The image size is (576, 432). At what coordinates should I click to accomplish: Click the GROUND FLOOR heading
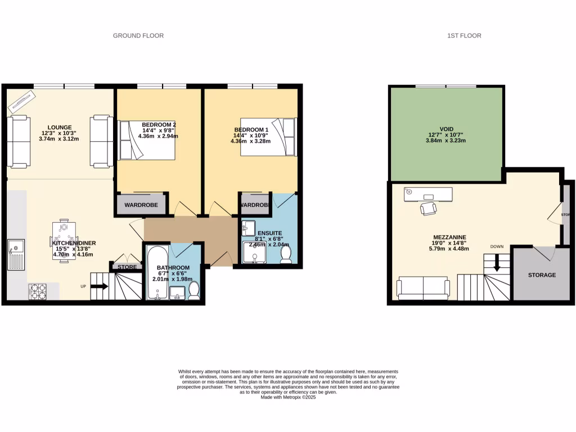pos(138,35)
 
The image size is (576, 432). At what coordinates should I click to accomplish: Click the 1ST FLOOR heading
pos(464,35)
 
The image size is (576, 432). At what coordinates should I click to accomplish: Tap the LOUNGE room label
pos(58,127)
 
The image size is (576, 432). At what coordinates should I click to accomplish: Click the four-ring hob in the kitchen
pos(38,291)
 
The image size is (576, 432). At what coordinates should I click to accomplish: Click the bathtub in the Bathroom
pos(157,273)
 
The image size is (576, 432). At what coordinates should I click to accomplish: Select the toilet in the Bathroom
pos(195,290)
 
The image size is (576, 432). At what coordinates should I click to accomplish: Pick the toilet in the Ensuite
pos(286,255)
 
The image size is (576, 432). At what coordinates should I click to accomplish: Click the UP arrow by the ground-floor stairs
pos(99,286)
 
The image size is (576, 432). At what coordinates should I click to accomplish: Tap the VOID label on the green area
pos(447,129)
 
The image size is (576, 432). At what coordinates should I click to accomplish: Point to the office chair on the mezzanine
pos(428,208)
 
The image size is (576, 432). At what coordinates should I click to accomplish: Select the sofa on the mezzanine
pos(423,288)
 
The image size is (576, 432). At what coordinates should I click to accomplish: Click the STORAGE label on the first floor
pos(542,275)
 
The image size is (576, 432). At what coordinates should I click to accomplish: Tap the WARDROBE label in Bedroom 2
pos(141,205)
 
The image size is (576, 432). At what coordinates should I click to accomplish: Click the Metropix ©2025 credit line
pos(288,397)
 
